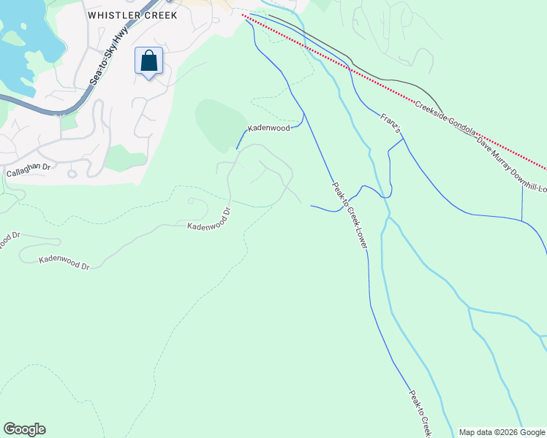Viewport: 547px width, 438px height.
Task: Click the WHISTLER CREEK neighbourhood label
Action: click(x=132, y=15)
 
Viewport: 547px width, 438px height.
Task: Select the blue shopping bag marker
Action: click(x=148, y=61)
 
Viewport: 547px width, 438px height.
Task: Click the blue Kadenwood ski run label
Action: click(x=269, y=128)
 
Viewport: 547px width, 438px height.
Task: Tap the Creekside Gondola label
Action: click(x=446, y=120)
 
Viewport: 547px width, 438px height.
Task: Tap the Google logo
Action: click(x=24, y=429)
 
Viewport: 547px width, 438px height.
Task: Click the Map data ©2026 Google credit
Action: click(x=501, y=432)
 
